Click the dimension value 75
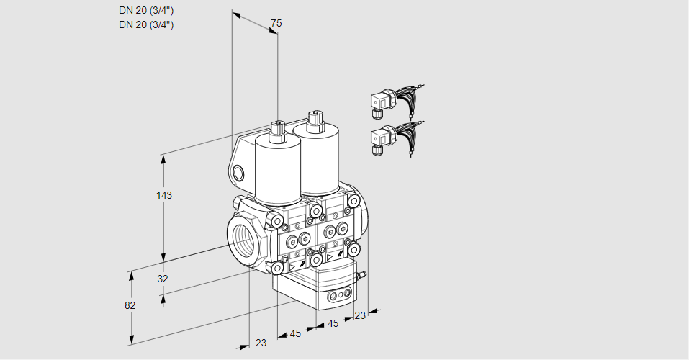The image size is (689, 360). click(x=275, y=24)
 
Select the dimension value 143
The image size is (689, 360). click(x=166, y=195)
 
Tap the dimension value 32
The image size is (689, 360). click(x=162, y=279)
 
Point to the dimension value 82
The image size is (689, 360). click(x=130, y=305)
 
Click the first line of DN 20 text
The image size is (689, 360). click(x=146, y=11)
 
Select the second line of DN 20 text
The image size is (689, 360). click(x=146, y=24)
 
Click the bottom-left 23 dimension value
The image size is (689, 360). click(x=261, y=343)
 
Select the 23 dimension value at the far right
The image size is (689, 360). click(x=361, y=315)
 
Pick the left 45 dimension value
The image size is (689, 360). click(x=295, y=333)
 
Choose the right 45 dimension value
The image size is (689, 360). click(x=333, y=324)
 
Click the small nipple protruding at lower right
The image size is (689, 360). click(x=364, y=274)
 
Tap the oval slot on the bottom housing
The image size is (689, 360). click(x=339, y=295)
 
